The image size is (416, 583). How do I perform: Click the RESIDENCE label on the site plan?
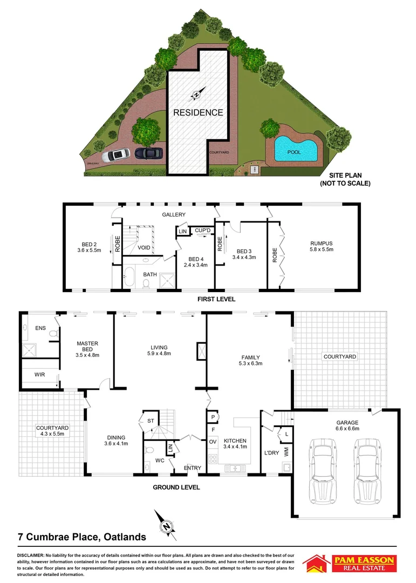197,113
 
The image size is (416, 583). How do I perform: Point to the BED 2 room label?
88,247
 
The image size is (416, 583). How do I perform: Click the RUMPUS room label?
321,246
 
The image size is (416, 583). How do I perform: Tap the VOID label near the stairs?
144,248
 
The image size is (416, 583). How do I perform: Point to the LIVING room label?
159,350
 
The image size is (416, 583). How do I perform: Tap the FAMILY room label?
251,360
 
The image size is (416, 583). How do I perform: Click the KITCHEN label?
235,443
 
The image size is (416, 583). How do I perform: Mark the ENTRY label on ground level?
192,467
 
